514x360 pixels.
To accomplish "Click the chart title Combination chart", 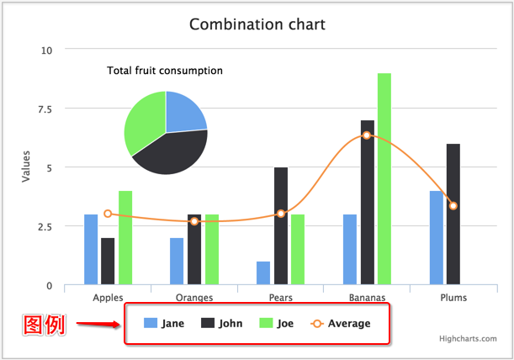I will (x=257, y=24).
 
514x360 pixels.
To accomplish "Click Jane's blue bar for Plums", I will (x=437, y=237).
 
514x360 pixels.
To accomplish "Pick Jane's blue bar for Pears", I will (x=263, y=273).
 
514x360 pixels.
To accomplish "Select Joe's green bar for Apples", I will (x=125, y=237).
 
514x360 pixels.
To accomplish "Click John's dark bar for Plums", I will (x=453, y=214).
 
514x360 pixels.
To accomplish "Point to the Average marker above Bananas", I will (x=367, y=135).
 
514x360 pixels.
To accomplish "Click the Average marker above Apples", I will (x=108, y=214).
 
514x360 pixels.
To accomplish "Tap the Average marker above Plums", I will (x=453, y=206).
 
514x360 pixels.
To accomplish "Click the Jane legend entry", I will (x=164, y=323).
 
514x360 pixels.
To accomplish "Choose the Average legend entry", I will (x=341, y=323).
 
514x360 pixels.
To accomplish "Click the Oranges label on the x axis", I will (x=194, y=298).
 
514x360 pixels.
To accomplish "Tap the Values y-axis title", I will (x=26, y=167).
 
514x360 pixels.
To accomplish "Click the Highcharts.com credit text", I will (x=467, y=339).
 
